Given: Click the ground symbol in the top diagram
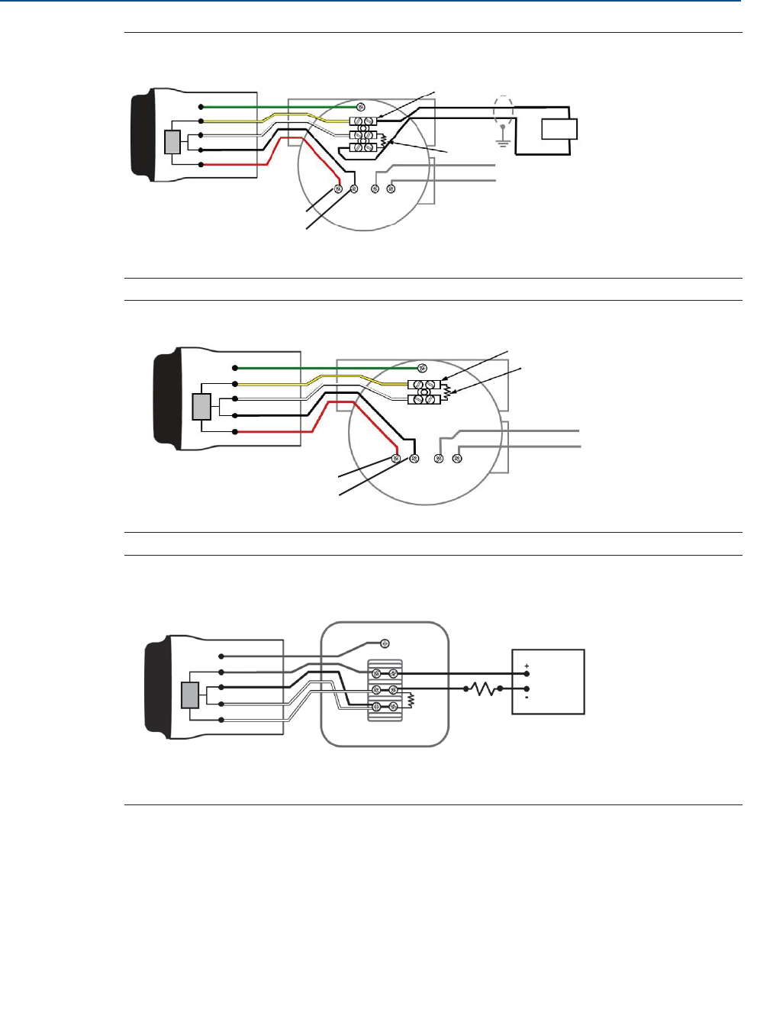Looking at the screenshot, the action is (502, 140).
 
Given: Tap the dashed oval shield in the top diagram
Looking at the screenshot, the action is (502, 111).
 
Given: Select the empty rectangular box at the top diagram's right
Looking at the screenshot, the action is (559, 129).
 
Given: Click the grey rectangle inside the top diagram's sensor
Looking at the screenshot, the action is (172, 143).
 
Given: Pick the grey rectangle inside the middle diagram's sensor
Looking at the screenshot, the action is (201, 407).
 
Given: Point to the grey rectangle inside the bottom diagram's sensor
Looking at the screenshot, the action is (190, 695).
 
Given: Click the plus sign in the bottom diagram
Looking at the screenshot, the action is (527, 666).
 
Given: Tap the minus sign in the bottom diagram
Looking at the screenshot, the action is (527, 697).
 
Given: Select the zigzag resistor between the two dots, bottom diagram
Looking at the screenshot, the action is (483, 689).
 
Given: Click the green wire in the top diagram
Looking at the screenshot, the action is (275, 107).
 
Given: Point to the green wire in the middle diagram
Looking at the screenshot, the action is (321, 368).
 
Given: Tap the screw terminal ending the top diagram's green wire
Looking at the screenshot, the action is (361, 106).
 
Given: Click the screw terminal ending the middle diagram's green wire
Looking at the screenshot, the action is (422, 368).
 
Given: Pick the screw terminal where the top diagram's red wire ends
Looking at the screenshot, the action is (338, 189).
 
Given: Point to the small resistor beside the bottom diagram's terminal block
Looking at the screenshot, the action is (411, 699).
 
